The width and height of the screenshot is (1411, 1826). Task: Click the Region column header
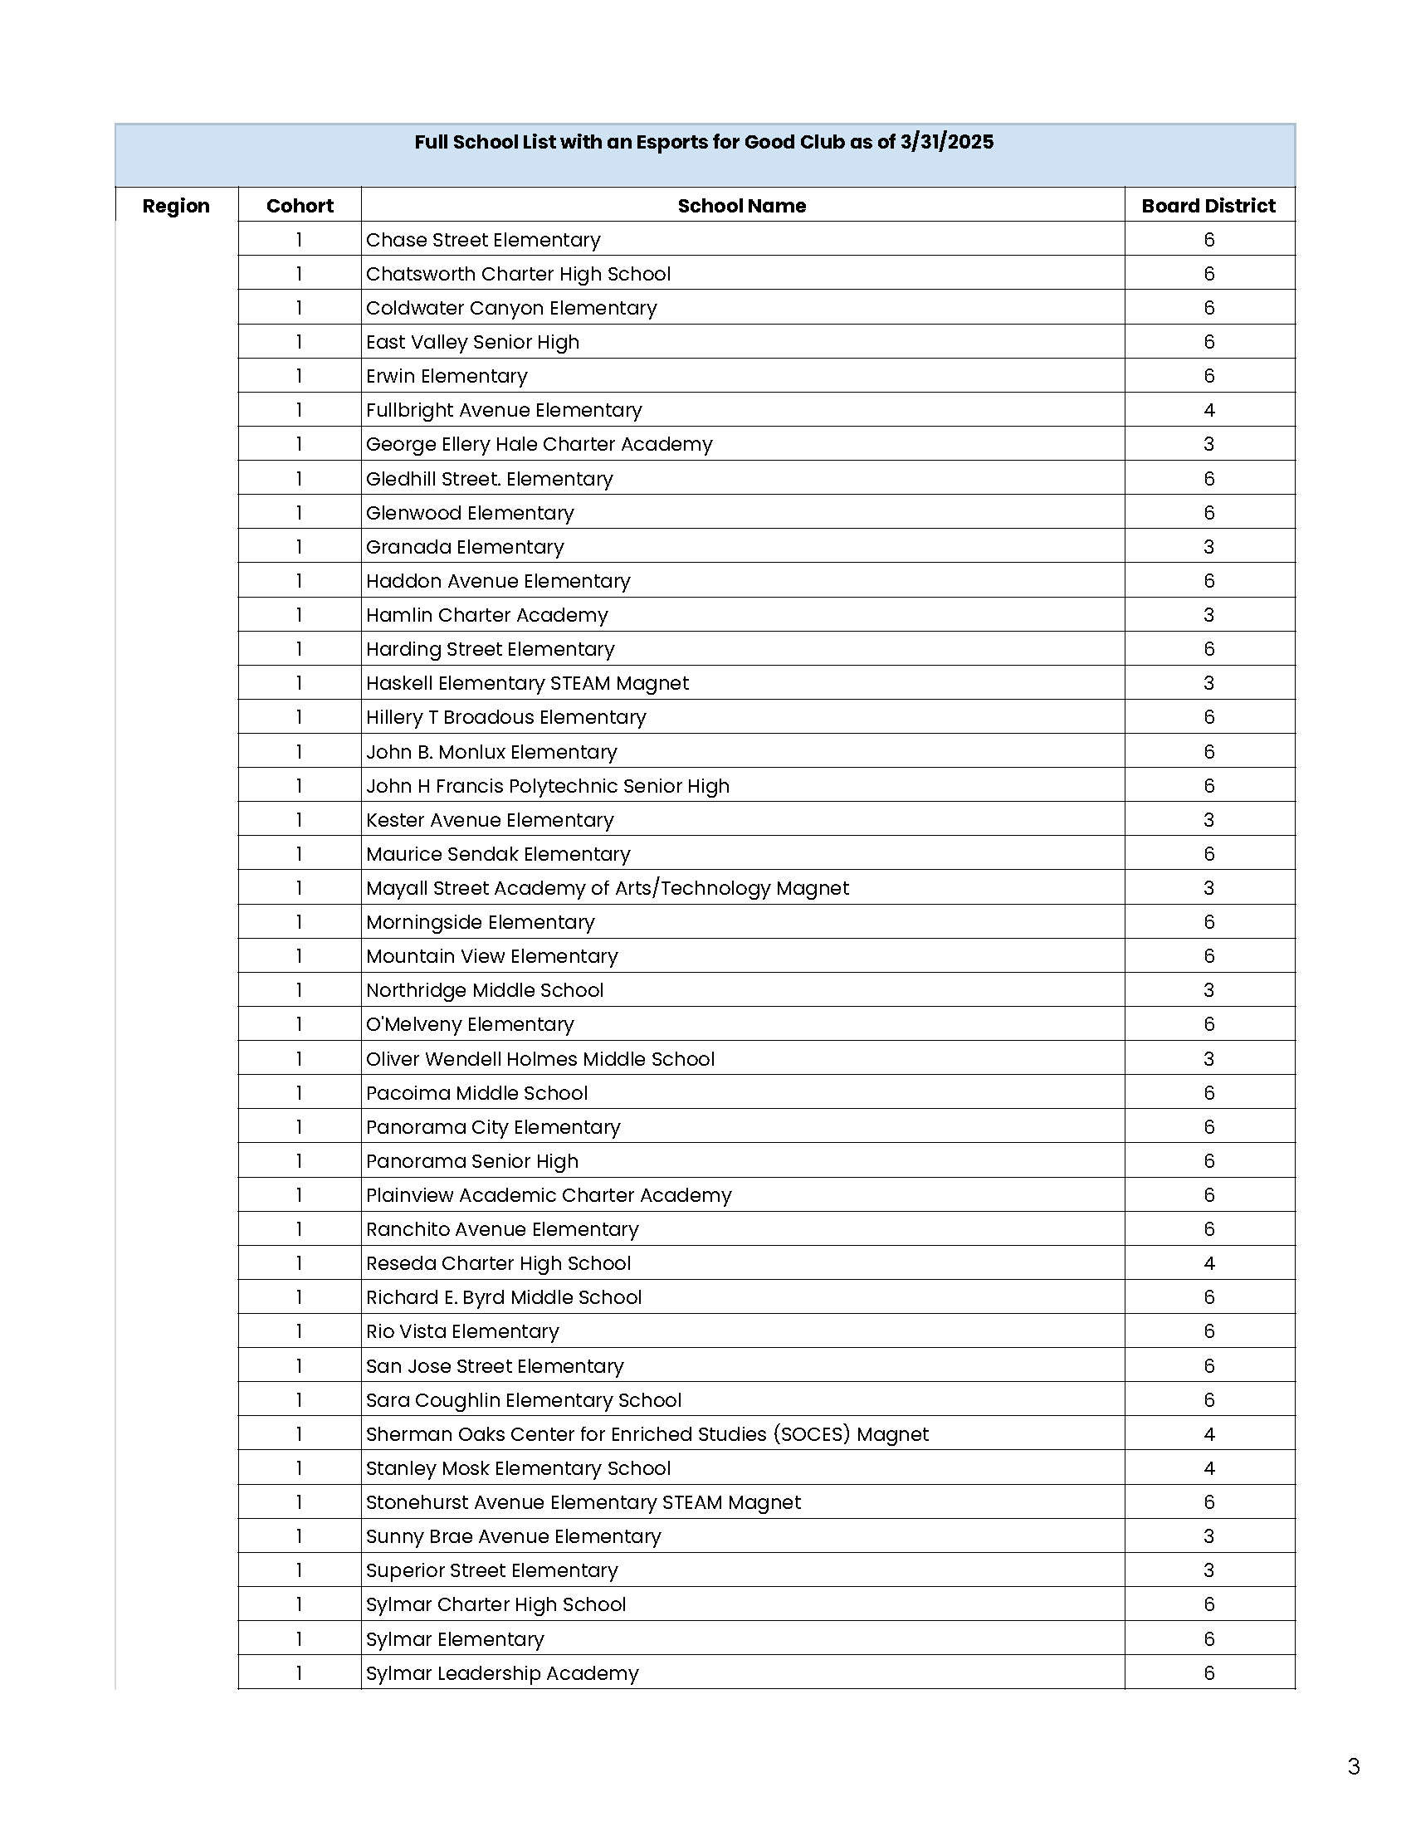(x=175, y=206)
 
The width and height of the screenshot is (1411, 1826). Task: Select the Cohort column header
(x=300, y=206)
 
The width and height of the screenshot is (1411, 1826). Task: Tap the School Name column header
(x=741, y=206)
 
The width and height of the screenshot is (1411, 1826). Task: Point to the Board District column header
(x=1208, y=206)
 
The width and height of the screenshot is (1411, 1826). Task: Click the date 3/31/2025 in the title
(x=946, y=142)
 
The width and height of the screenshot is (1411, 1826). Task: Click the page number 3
(x=1354, y=1766)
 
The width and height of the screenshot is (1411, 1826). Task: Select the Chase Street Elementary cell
(x=483, y=240)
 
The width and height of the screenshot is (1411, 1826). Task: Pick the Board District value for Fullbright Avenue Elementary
(x=1208, y=411)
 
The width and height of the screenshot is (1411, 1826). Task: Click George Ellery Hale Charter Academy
(x=539, y=444)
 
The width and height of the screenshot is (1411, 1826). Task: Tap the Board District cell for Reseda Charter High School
(x=1208, y=1263)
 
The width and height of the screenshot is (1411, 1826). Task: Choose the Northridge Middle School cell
(x=485, y=990)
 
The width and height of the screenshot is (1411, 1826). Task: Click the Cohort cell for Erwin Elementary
(x=300, y=376)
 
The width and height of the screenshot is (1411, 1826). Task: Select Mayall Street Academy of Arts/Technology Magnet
(x=607, y=888)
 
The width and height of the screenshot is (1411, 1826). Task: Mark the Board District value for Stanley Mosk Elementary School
(x=1208, y=1468)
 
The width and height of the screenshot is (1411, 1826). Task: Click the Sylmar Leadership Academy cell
(x=502, y=1673)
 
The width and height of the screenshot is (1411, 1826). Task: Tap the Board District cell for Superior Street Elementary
(x=1208, y=1570)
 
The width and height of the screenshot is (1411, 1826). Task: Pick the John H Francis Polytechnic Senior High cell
(x=548, y=786)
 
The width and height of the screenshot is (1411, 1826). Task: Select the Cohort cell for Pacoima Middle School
(x=300, y=1093)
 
